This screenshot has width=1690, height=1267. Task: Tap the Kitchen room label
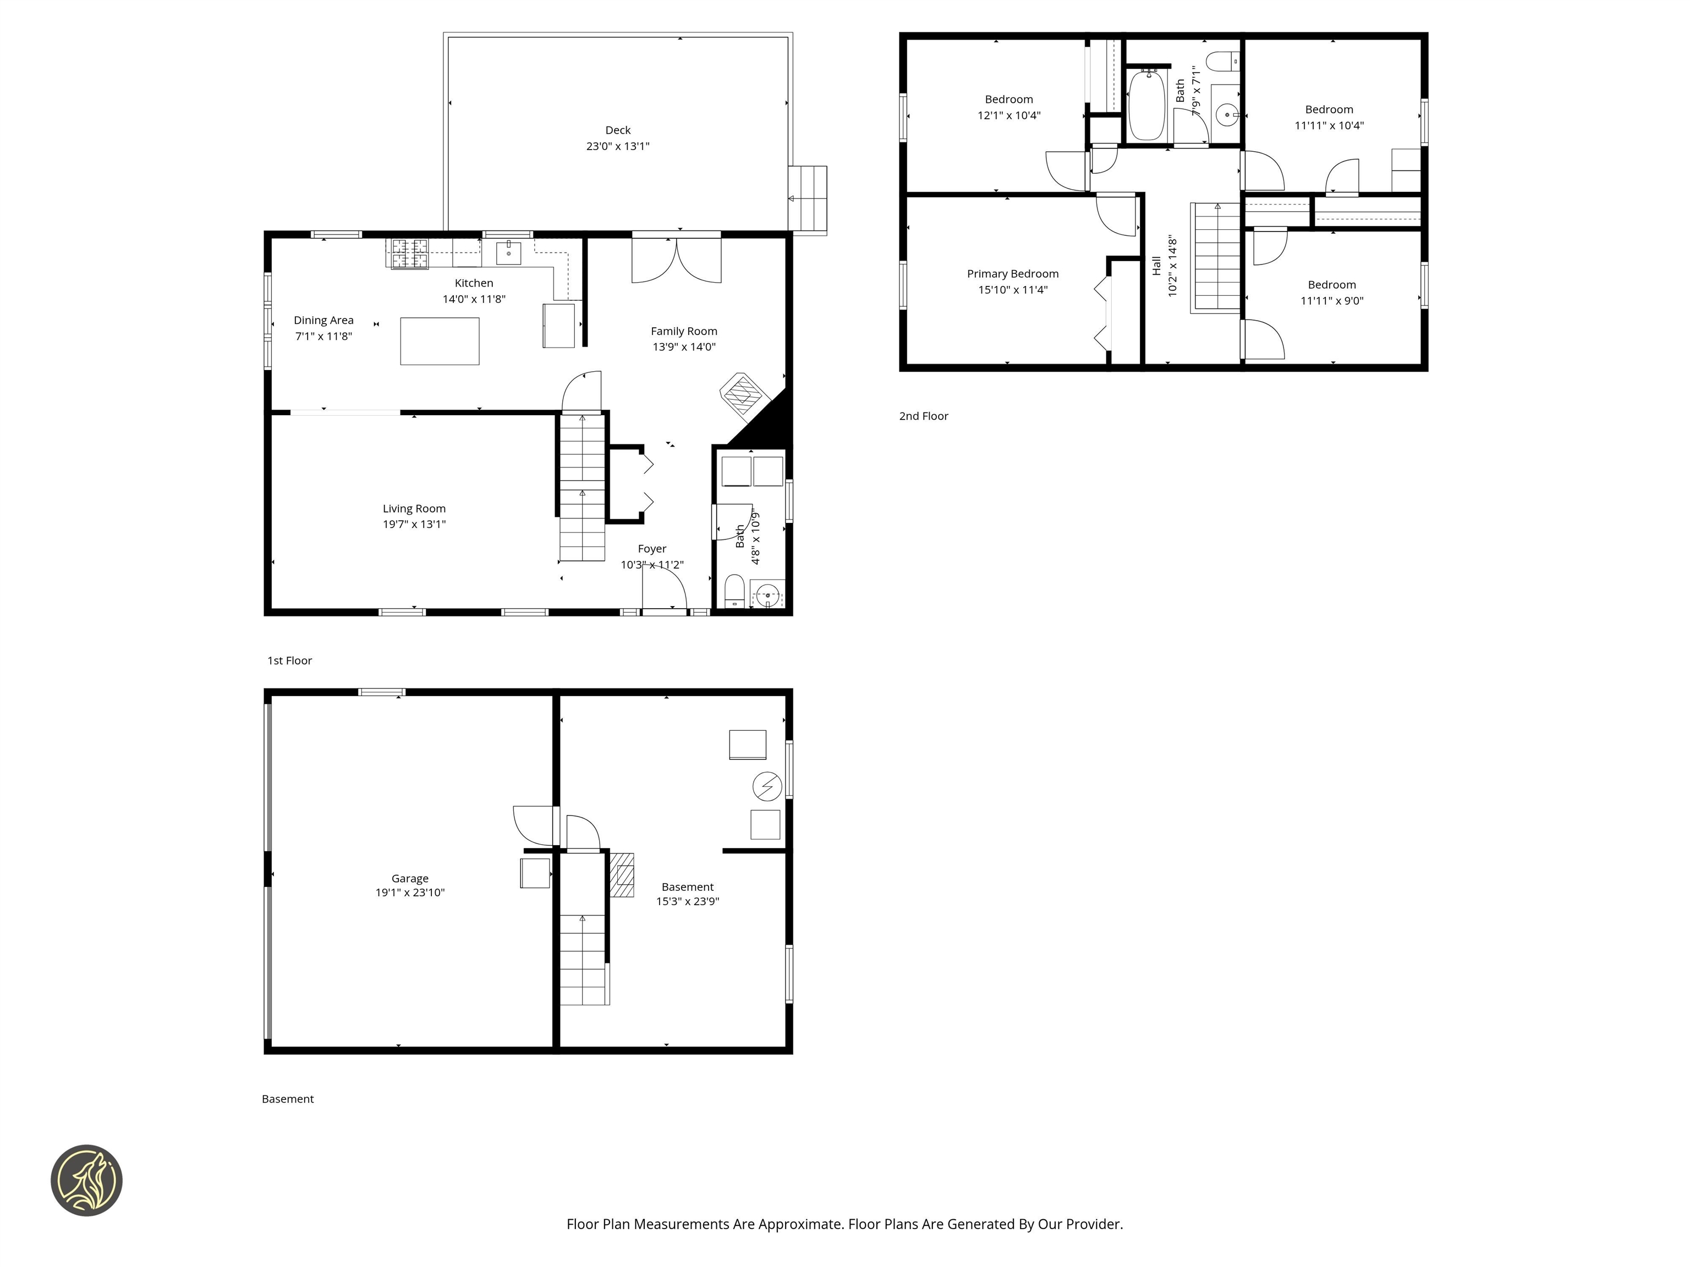click(x=474, y=283)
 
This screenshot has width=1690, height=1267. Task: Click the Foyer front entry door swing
click(x=663, y=588)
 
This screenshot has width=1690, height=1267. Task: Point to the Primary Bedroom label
click(x=1012, y=273)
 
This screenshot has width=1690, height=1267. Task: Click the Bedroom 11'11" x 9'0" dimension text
click(x=1332, y=301)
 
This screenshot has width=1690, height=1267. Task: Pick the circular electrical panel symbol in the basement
click(x=767, y=786)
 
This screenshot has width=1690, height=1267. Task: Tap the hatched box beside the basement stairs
click(x=623, y=874)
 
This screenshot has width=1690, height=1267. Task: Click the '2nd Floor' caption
click(x=923, y=416)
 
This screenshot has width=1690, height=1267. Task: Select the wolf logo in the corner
click(x=86, y=1180)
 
